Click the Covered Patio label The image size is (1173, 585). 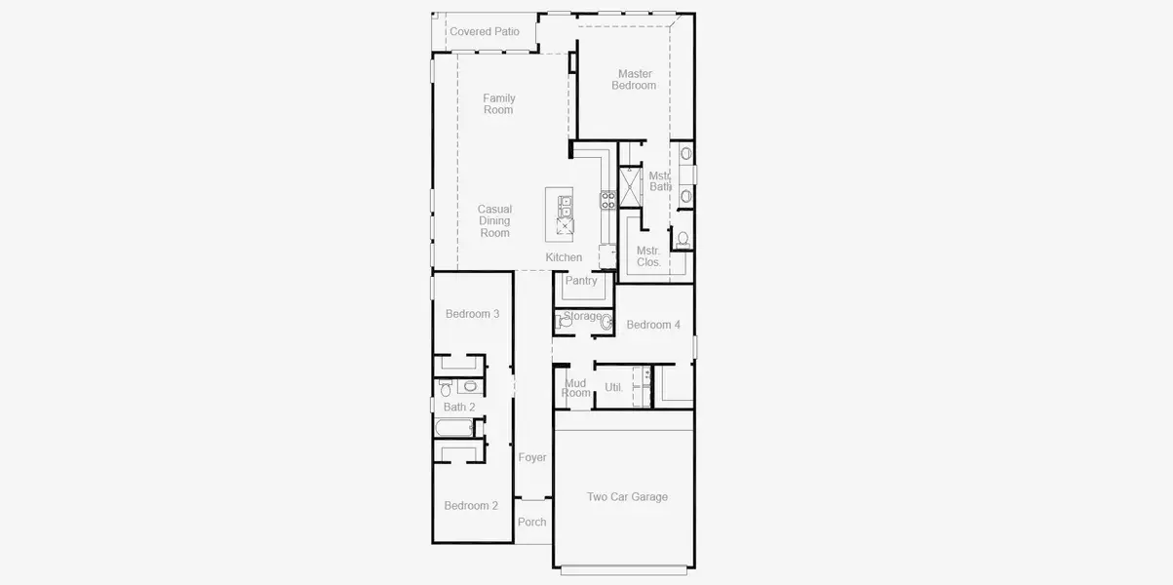[485, 32]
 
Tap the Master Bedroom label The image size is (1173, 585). [634, 80]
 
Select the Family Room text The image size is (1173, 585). [498, 104]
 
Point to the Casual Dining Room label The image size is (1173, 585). [494, 221]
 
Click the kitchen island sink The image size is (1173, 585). [565, 206]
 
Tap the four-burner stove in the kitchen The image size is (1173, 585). [607, 200]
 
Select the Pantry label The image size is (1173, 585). [581, 282]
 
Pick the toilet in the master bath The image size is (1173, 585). [684, 238]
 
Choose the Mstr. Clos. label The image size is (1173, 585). [648, 256]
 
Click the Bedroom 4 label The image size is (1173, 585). [653, 325]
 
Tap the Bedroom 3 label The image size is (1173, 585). [472, 314]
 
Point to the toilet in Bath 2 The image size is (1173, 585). [446, 389]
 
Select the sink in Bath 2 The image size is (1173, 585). [470, 386]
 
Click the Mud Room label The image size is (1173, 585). [576, 388]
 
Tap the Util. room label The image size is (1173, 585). [613, 388]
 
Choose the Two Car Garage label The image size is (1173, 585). [627, 497]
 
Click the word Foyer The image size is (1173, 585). [532, 457]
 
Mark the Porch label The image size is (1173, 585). [531, 523]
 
